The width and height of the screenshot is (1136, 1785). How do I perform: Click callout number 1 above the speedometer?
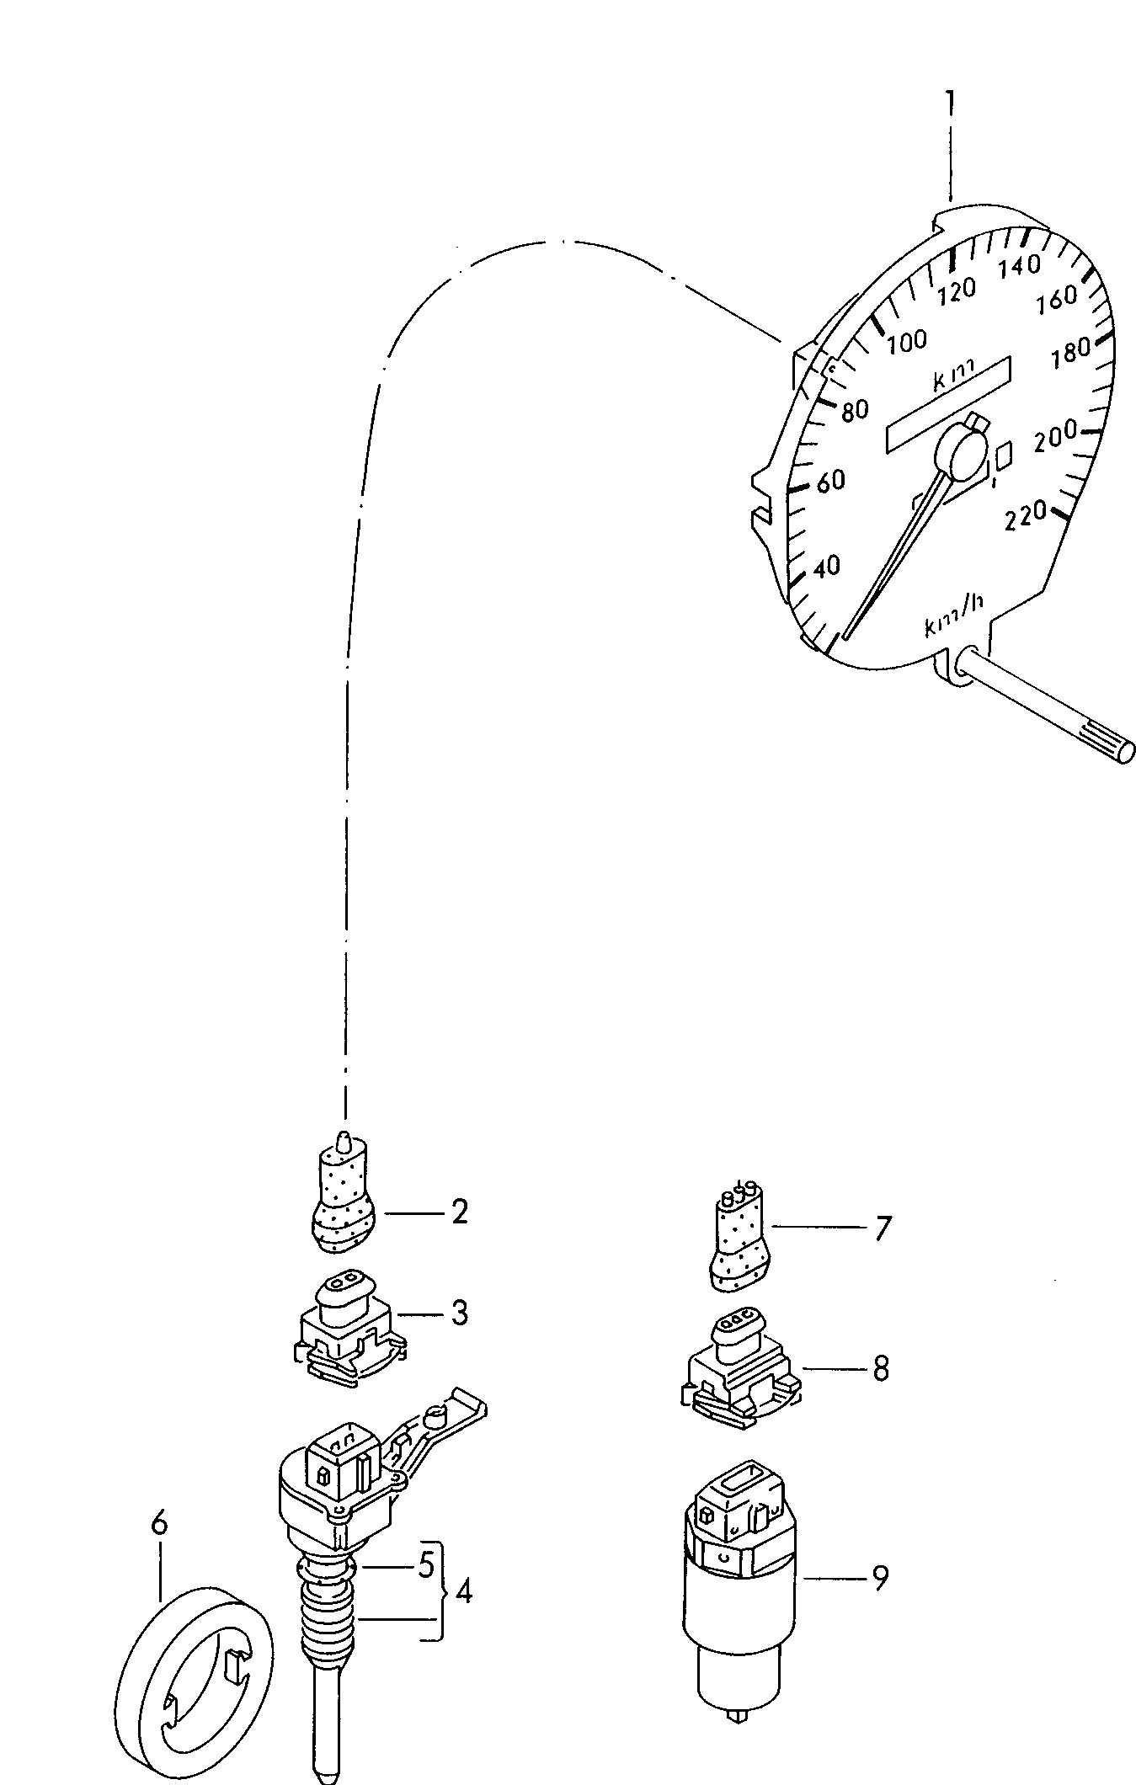950,105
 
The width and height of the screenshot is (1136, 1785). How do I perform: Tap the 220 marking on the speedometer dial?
1026,514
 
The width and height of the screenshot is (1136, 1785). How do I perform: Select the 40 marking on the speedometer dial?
827,567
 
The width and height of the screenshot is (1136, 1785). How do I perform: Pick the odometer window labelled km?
948,403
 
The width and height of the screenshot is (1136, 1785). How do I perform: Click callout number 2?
459,1212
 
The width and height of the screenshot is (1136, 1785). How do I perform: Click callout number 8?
881,1368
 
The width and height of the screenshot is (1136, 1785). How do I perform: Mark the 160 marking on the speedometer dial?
1057,297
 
